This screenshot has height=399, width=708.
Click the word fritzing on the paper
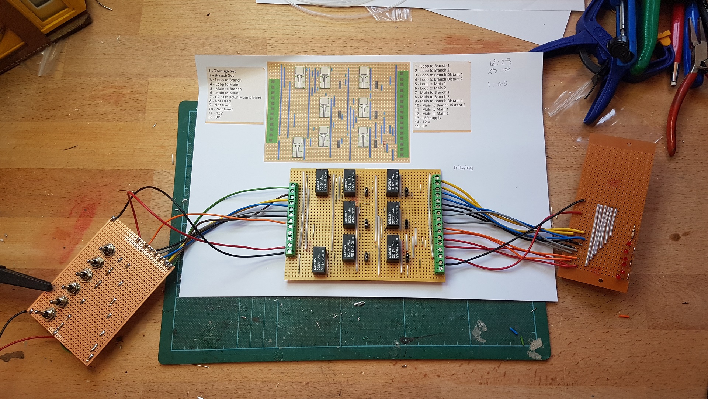coord(463,167)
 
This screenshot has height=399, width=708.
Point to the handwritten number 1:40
coord(497,84)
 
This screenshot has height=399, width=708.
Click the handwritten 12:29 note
coord(500,63)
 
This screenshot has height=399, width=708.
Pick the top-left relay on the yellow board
coord(322,182)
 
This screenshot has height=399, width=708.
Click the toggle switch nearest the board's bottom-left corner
coord(47,315)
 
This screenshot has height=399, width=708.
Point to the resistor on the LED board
coord(633,232)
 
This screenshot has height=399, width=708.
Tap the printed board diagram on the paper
coord(337,112)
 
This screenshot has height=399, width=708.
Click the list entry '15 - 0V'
coord(421,126)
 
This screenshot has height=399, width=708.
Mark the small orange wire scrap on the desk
coord(624,316)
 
